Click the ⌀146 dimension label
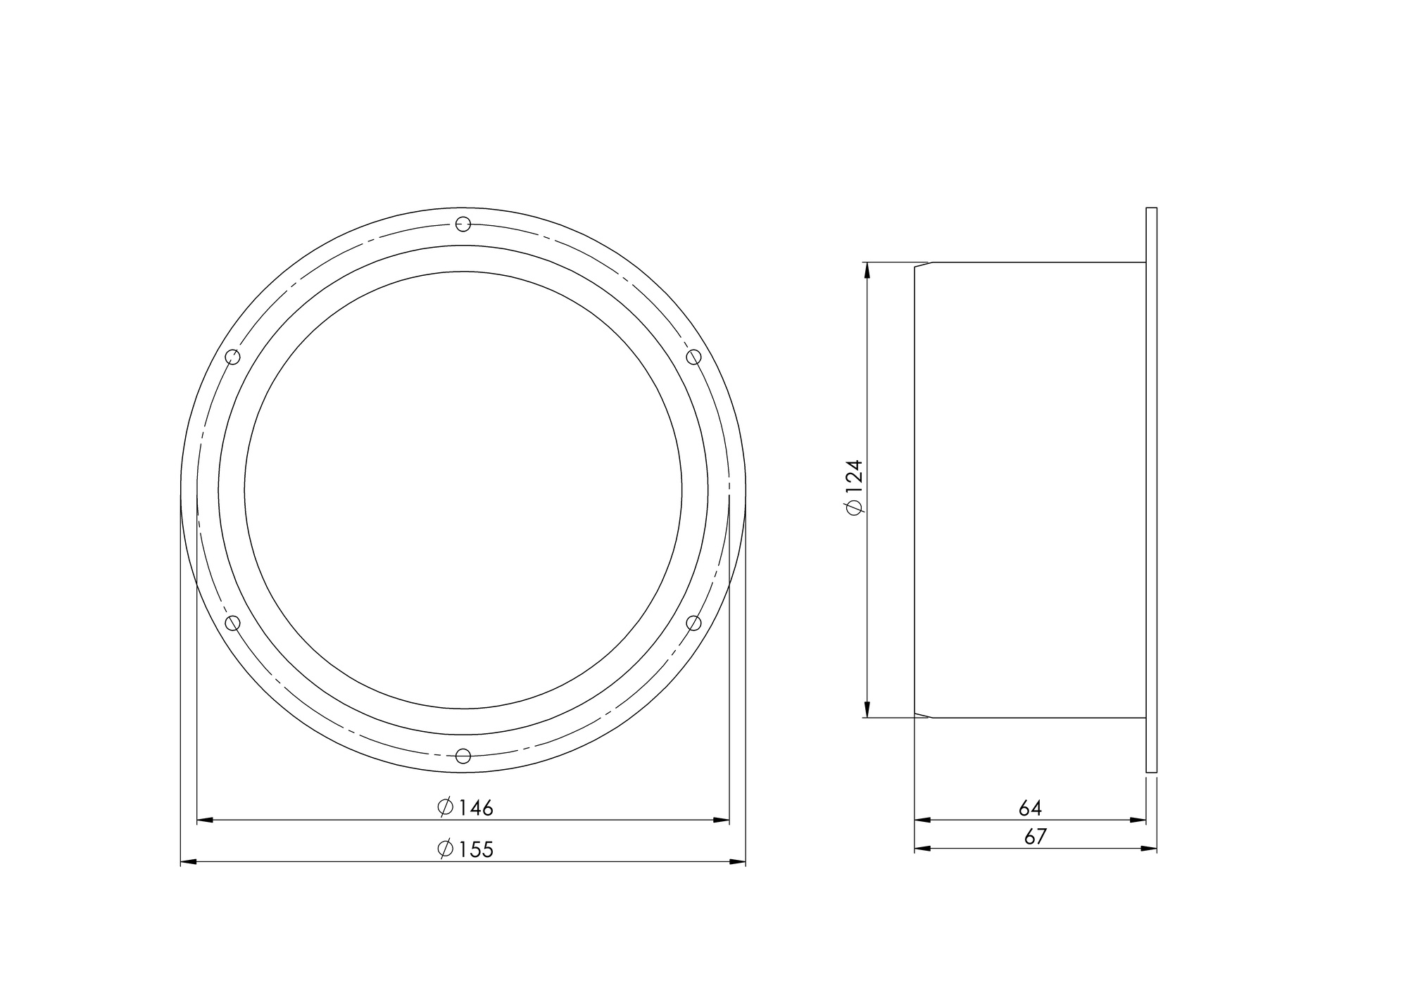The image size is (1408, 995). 465,807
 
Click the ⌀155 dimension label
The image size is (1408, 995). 465,849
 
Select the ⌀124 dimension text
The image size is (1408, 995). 854,488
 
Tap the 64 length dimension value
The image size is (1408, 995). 1030,808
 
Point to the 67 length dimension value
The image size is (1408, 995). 1036,837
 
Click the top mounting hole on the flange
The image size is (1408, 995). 463,224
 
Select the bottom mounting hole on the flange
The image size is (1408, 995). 463,756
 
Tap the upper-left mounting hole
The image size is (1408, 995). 233,357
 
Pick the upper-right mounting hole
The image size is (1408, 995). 693,357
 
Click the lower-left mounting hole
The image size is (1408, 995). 233,623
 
